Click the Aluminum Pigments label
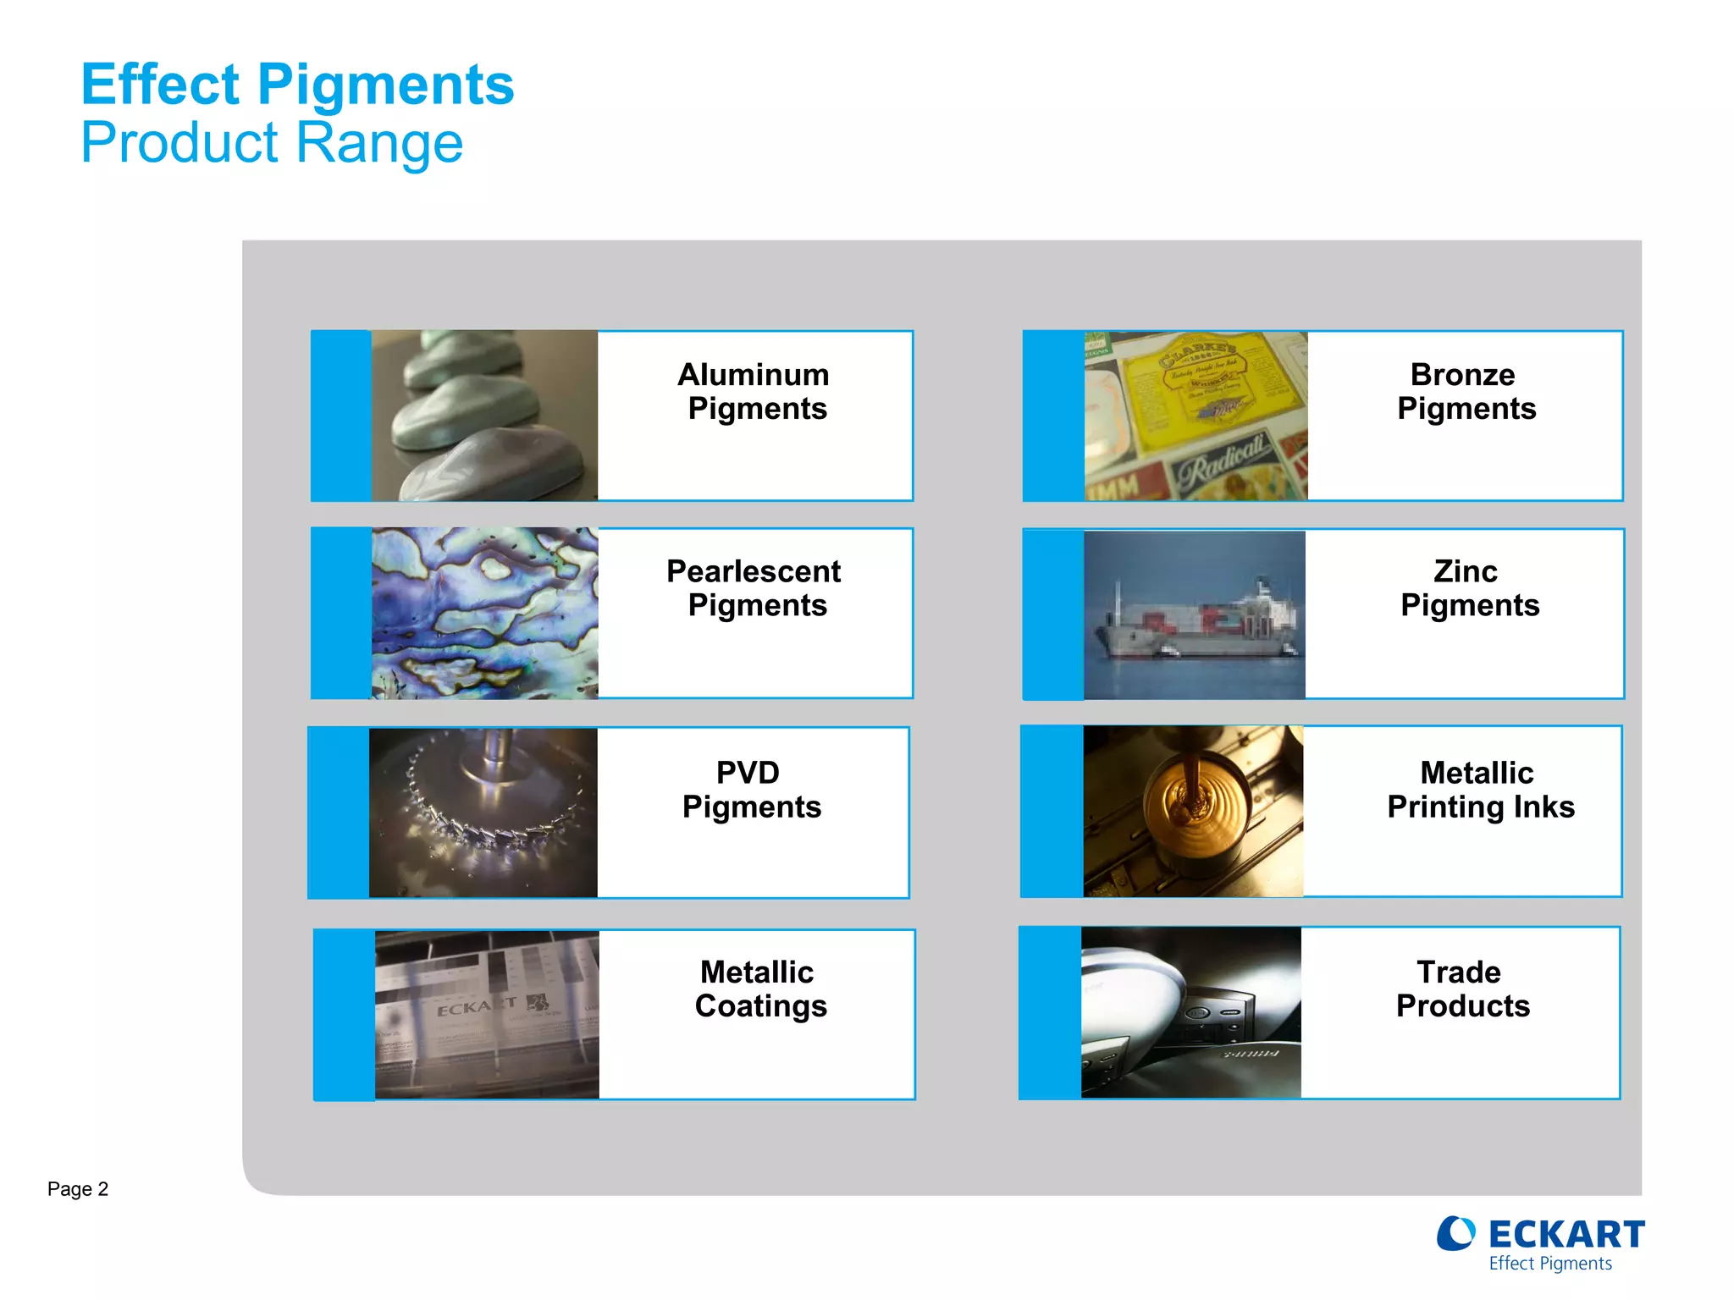[754, 391]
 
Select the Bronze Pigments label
[1465, 391]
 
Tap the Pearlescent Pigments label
[754, 588]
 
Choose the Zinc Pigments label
[1468, 588]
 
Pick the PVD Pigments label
[751, 789]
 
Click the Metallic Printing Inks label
[1480, 789]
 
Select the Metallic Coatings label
[759, 989]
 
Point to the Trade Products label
[1462, 989]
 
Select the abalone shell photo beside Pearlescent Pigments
[484, 614]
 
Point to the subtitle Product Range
[272, 142]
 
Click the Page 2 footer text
[78, 1189]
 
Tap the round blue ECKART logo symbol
[1455, 1234]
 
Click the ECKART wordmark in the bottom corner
[1566, 1235]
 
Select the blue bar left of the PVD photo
[339, 812]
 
